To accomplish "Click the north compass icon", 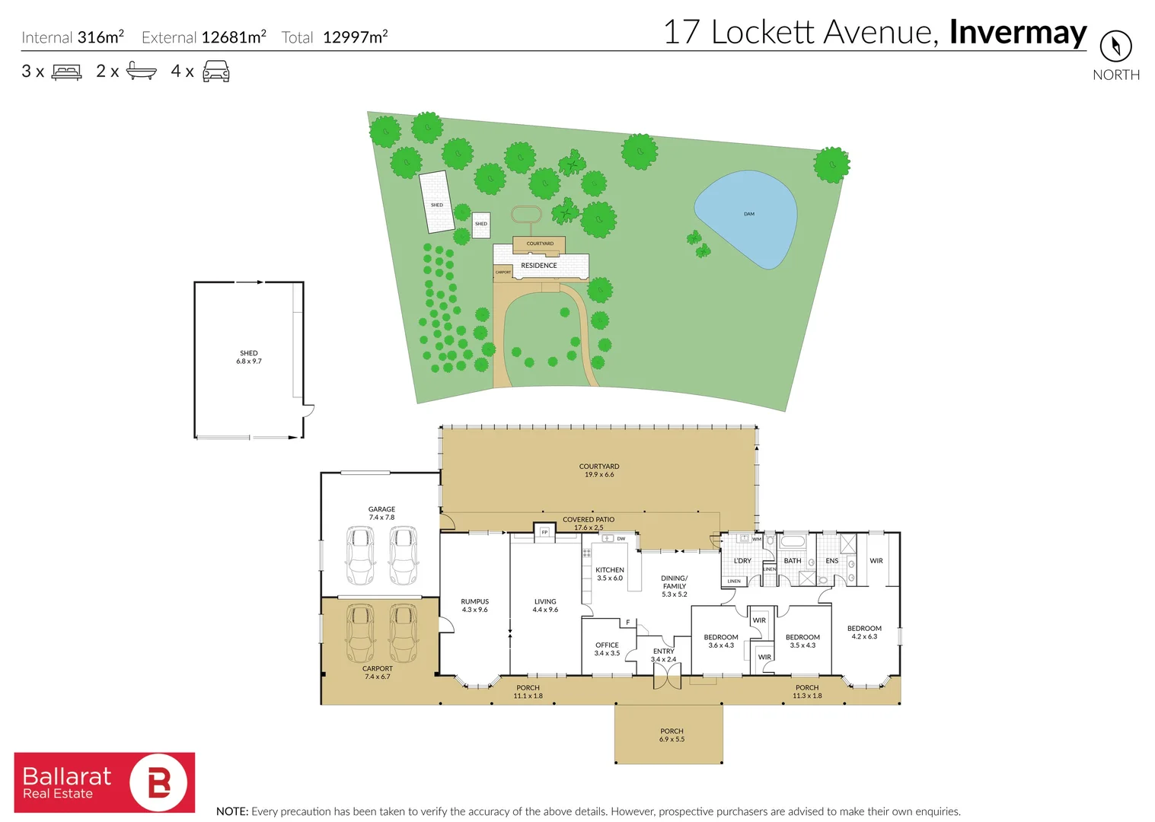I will (1115, 46).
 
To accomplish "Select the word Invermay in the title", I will (1018, 33).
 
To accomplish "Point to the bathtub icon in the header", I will (141, 71).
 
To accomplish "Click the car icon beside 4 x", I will (216, 72).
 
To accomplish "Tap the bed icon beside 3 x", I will (66, 72).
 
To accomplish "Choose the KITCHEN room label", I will (610, 570).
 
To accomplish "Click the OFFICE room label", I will (607, 645).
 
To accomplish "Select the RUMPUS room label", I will (474, 602).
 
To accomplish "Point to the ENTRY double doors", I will (667, 678).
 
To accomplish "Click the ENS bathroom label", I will (831, 561).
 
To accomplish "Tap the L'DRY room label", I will (742, 561).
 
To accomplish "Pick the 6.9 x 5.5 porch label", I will (672, 735).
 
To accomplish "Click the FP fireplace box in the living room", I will (544, 532).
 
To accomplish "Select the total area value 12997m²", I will (356, 37).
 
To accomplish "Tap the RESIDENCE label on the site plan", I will (539, 266).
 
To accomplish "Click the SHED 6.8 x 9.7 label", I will (249, 357).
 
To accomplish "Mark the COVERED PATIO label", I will (589, 520).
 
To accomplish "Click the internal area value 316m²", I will (101, 37).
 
